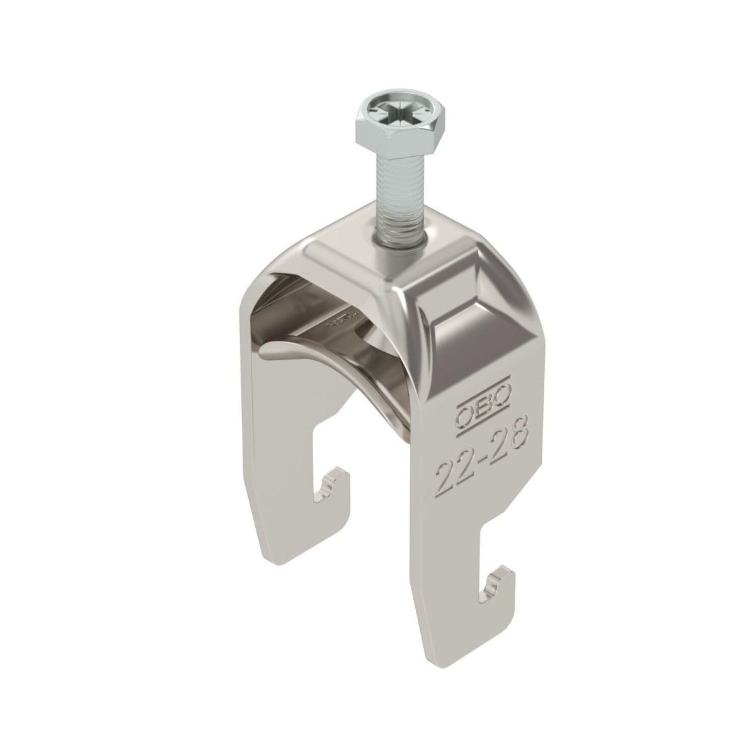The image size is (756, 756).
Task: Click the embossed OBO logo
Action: [483, 406]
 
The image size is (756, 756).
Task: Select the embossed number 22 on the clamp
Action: [455, 475]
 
